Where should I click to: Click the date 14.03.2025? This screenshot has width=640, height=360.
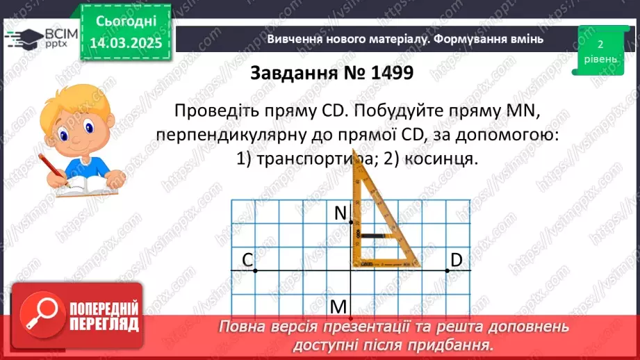(x=126, y=42)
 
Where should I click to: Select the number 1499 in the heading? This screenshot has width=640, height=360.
(x=381, y=73)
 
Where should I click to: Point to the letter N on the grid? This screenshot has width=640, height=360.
(x=340, y=214)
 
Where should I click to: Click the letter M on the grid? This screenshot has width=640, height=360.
(x=338, y=306)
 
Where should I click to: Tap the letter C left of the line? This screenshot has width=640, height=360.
(x=247, y=260)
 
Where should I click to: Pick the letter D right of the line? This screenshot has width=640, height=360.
(x=456, y=260)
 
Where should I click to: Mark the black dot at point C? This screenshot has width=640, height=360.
(x=255, y=270)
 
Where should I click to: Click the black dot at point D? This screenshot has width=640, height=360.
(x=446, y=270)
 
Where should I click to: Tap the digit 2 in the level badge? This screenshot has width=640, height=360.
(x=599, y=44)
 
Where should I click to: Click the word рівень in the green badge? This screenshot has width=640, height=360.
(x=599, y=59)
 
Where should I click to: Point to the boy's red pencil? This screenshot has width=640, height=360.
(x=52, y=170)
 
